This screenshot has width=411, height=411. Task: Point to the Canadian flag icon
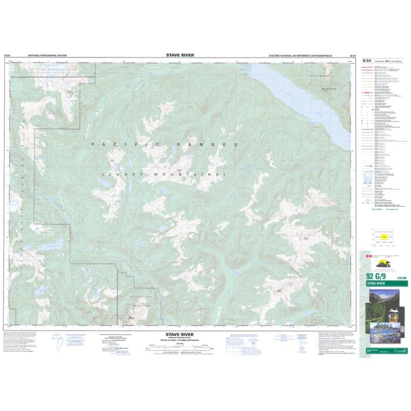pyautogui.click(x=369, y=257)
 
